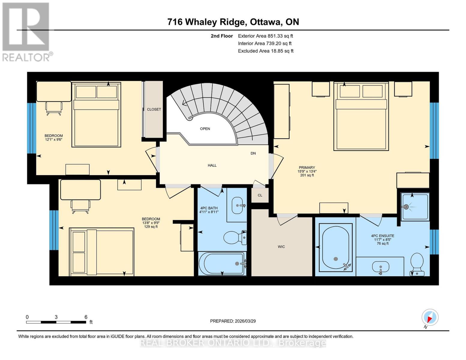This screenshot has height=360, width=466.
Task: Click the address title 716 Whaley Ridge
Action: (x=233, y=22)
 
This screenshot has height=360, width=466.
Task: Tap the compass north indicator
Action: (x=430, y=317)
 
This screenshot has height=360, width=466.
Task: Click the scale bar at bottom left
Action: (x=56, y=322)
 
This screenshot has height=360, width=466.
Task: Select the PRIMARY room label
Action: (x=307, y=168)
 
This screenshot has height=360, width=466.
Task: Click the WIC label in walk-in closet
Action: (x=281, y=247)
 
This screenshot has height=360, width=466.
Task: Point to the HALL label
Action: (x=212, y=165)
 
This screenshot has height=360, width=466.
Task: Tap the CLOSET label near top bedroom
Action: (x=154, y=109)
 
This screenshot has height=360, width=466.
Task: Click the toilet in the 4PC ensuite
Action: (x=417, y=264)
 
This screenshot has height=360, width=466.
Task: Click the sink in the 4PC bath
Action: (x=238, y=205)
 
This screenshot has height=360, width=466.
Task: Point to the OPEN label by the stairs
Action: (x=205, y=129)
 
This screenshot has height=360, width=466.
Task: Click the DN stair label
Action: (x=253, y=153)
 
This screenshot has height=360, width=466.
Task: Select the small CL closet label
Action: (x=260, y=195)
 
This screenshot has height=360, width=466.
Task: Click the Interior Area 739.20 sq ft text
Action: (x=265, y=43)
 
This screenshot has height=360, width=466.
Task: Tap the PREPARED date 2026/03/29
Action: (x=233, y=321)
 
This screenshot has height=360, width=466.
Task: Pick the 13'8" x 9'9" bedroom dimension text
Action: (x=151, y=223)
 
